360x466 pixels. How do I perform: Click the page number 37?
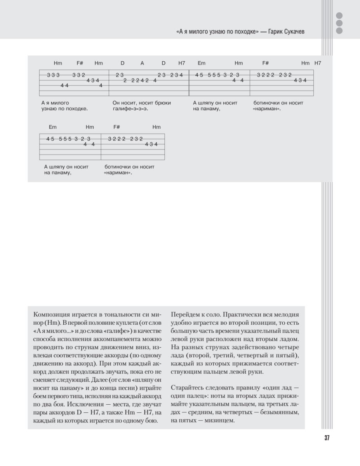click(x=327, y=438)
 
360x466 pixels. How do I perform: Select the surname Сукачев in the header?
click(x=294, y=32)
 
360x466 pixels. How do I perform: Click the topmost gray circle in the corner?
click(x=339, y=16)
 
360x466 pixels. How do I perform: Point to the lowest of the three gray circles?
click(x=339, y=31)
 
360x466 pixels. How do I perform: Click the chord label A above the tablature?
click(x=142, y=63)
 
